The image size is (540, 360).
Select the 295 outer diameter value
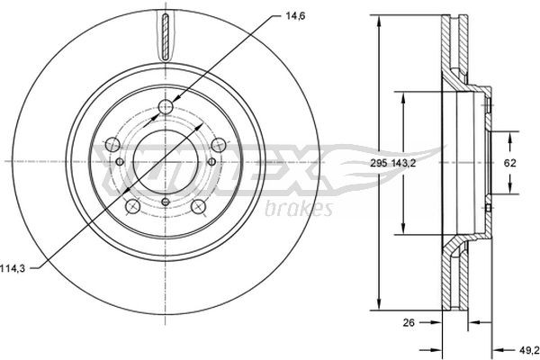point(379,163)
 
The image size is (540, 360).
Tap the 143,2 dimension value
point(405,163)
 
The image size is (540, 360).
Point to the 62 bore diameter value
point(508,163)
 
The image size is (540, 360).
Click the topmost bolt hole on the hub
point(164,109)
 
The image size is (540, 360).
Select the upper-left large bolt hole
point(112,144)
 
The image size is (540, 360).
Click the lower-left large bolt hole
point(132,207)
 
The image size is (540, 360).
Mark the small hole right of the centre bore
point(211,161)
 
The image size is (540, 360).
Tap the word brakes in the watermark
point(300,209)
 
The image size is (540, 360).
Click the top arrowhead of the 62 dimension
point(508,133)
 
